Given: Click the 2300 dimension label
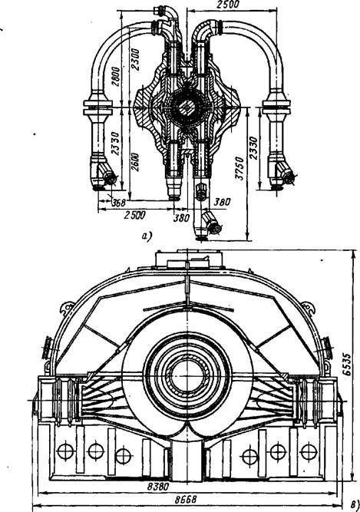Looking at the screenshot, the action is (x=135, y=59).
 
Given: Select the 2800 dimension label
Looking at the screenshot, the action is (x=115, y=77).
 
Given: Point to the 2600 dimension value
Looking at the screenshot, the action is (x=135, y=162).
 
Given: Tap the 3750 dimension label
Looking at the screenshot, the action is (x=240, y=168).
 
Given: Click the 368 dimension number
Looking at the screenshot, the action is (x=118, y=203).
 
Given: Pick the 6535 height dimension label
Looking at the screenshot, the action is (x=347, y=364).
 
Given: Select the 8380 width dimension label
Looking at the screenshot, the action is (x=158, y=487).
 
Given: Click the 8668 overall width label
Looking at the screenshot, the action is (x=186, y=500).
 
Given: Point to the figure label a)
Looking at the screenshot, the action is (x=147, y=236).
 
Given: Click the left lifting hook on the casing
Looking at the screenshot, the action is (x=67, y=308).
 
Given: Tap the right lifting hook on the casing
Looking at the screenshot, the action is (x=308, y=308).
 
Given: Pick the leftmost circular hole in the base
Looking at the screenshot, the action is (x=65, y=451).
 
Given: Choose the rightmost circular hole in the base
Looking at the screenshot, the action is (x=309, y=452).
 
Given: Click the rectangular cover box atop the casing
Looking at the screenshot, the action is (x=189, y=259).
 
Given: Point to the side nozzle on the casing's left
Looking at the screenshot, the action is (x=48, y=348).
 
